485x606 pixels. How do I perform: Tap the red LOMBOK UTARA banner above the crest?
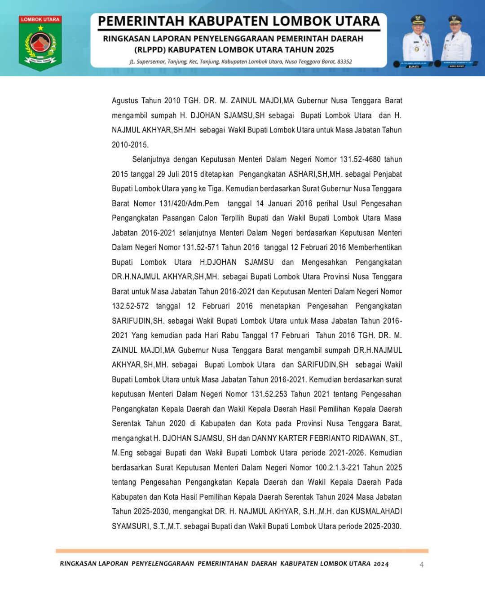pos(40,20)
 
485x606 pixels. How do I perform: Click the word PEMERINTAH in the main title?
pos(141,21)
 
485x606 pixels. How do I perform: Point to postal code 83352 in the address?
pos(344,61)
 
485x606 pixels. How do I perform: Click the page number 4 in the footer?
pos(422,564)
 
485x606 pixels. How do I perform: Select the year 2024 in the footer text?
pos(381,564)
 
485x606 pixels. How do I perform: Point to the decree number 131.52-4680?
pos(360,159)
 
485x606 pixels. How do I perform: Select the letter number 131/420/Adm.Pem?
pos(189,203)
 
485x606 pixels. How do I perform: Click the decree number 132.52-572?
pos(130,306)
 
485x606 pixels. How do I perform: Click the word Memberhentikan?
pos(375,247)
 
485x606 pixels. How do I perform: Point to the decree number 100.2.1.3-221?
pos(337,467)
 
